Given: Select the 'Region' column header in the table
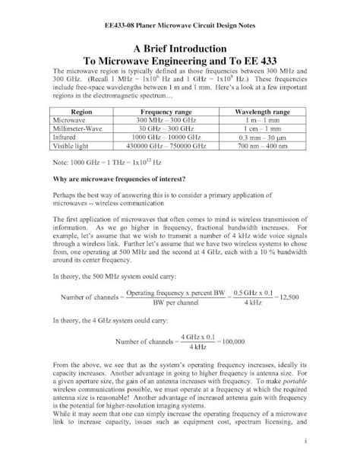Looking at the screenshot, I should pyautogui.click(x=81, y=111).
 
